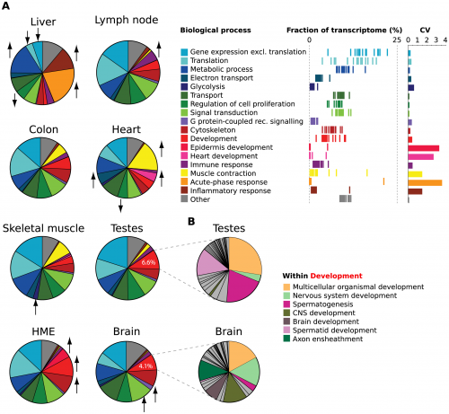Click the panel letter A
(x=6, y=6)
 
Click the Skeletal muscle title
(x=41, y=228)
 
